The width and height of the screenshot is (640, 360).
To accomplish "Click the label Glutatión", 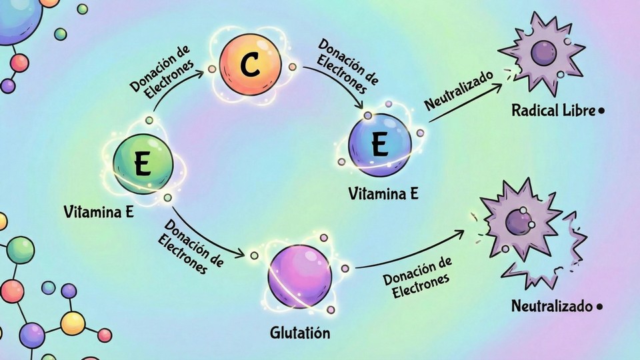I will pyautogui.click(x=300, y=332).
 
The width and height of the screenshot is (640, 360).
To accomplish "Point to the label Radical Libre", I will pyautogui.click(x=553, y=111).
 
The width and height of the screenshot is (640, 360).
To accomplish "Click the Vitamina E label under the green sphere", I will pyautogui.click(x=99, y=212).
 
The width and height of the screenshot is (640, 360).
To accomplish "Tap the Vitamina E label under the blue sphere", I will pyautogui.click(x=383, y=194).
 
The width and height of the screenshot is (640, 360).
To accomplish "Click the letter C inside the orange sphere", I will pyautogui.click(x=250, y=64).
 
